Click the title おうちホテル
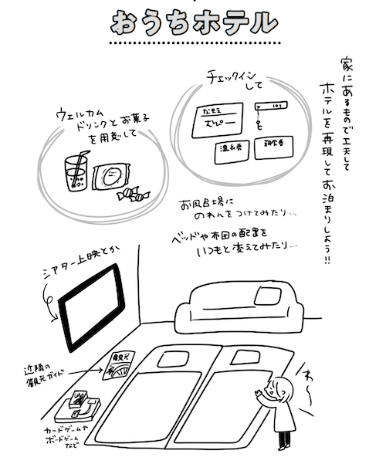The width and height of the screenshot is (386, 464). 193,23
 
